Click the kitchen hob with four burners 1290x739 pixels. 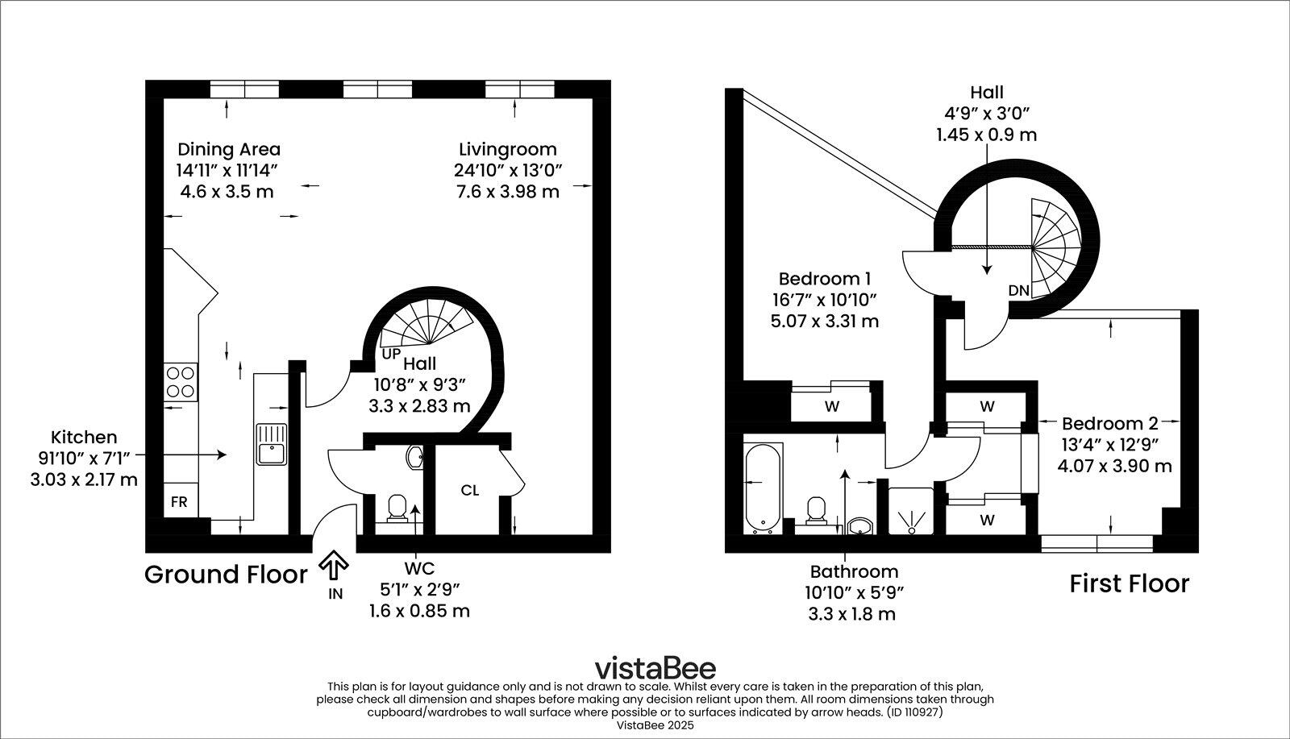181,383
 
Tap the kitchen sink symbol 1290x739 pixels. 272,444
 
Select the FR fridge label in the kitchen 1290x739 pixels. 179,502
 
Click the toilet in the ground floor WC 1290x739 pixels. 397,509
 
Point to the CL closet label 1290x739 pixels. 470,490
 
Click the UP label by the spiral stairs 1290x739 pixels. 391,354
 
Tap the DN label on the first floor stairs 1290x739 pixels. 1018,290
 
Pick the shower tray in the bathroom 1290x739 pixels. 911,511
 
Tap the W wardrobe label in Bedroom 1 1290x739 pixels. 832,407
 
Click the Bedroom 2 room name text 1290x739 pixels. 1109,424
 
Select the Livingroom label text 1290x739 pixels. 507,149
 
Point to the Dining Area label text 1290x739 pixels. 229,149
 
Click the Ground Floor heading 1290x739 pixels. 226,575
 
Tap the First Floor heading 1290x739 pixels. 1129,583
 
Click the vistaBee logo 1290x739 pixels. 655,668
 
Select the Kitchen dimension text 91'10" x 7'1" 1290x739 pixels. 84,459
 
